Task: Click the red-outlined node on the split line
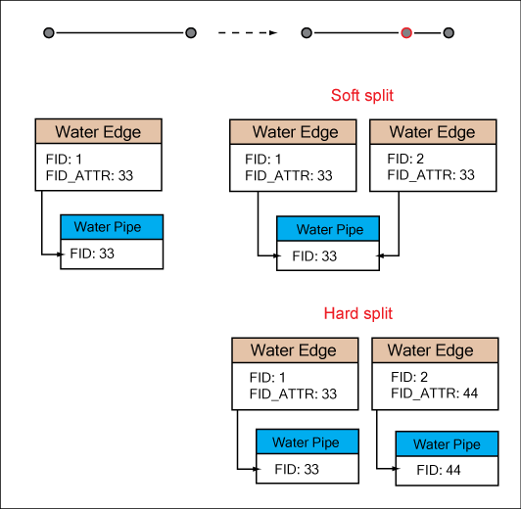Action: [406, 33]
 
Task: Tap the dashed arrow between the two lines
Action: [247, 33]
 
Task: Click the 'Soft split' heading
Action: [362, 96]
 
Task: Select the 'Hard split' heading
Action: [357, 314]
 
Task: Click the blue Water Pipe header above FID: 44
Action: [446, 443]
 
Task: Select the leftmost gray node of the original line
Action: [48, 33]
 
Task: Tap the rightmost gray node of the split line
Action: [448, 33]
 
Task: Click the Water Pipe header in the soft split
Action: [328, 229]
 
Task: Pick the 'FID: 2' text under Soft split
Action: [405, 159]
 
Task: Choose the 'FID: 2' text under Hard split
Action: [409, 377]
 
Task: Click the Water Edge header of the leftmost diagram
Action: [98, 132]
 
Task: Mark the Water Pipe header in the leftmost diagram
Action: [112, 227]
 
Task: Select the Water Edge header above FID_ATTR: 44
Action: [431, 350]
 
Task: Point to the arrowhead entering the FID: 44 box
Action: [393, 470]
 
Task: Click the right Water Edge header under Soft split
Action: [432, 132]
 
